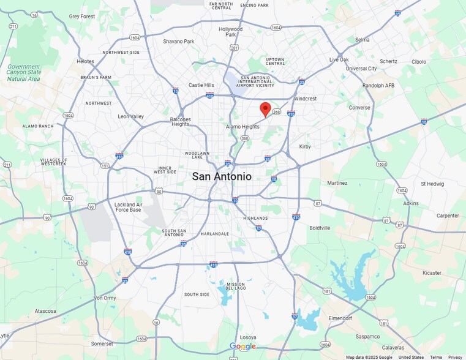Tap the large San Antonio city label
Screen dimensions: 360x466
[222, 176]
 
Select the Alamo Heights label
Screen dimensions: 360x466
[242, 127]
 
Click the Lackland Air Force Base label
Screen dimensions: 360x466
[128, 207]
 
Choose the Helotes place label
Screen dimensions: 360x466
[86, 61]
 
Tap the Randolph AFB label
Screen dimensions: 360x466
[378, 86]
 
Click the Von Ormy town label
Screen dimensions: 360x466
[105, 298]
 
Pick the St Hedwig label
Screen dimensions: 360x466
[432, 183]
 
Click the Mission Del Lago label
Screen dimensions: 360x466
[236, 287]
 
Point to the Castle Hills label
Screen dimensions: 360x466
[201, 85]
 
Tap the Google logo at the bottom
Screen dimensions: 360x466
[242, 347]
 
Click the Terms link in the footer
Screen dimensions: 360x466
[435, 357]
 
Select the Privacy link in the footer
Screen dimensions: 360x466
[455, 357]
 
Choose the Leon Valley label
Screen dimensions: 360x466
[130, 116]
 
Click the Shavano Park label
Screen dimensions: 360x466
[178, 42]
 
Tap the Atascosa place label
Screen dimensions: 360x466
[45, 311]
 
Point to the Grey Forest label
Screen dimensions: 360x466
[82, 17]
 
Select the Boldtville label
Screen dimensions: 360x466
[320, 228]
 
